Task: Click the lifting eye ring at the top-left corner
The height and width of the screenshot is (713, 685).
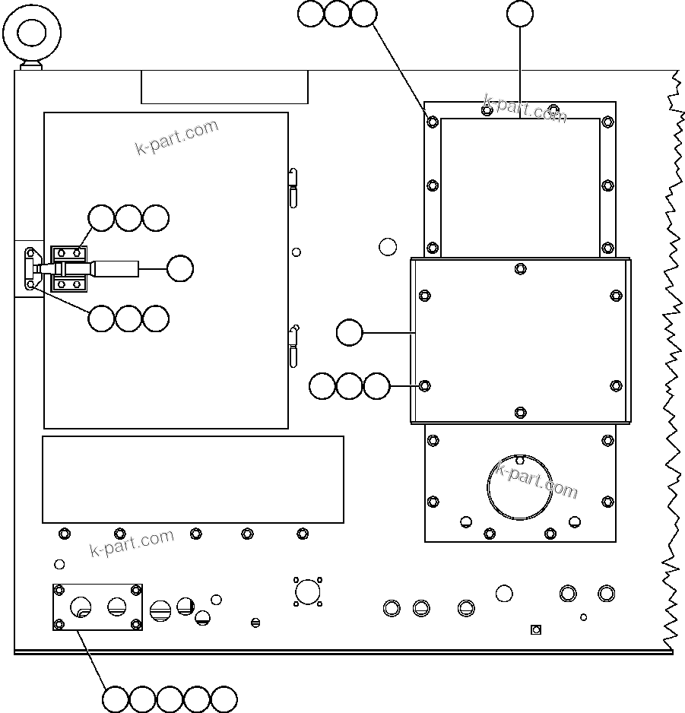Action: click(x=32, y=33)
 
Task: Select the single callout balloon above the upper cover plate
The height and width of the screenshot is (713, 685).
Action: click(x=520, y=14)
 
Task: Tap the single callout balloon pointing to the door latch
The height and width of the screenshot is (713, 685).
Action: click(x=180, y=268)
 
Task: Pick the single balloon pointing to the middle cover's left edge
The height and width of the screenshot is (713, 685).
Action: click(x=349, y=333)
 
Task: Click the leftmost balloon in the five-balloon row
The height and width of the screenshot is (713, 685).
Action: click(x=116, y=699)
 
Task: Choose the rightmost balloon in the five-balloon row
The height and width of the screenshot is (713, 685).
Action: click(x=224, y=699)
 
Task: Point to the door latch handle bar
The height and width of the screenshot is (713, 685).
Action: click(x=114, y=268)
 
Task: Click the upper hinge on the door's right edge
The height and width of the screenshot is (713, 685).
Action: click(x=293, y=186)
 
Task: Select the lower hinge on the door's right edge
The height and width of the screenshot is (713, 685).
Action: click(x=294, y=347)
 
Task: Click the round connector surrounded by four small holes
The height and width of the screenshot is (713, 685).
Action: click(x=307, y=591)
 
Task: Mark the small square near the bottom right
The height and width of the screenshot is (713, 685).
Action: click(x=535, y=629)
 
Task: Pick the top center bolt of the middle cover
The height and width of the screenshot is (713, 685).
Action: click(x=520, y=268)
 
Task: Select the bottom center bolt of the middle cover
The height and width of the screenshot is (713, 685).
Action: click(x=520, y=412)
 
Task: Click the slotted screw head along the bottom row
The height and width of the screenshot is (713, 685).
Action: click(x=255, y=623)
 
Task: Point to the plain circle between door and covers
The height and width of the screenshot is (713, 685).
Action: click(x=388, y=246)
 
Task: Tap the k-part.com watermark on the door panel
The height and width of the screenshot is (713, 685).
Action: click(x=176, y=138)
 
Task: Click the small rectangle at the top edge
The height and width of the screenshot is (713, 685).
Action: click(x=224, y=87)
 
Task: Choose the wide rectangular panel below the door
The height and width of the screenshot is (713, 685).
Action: click(x=192, y=479)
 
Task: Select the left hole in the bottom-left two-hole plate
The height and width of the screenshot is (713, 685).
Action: click(x=81, y=607)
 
